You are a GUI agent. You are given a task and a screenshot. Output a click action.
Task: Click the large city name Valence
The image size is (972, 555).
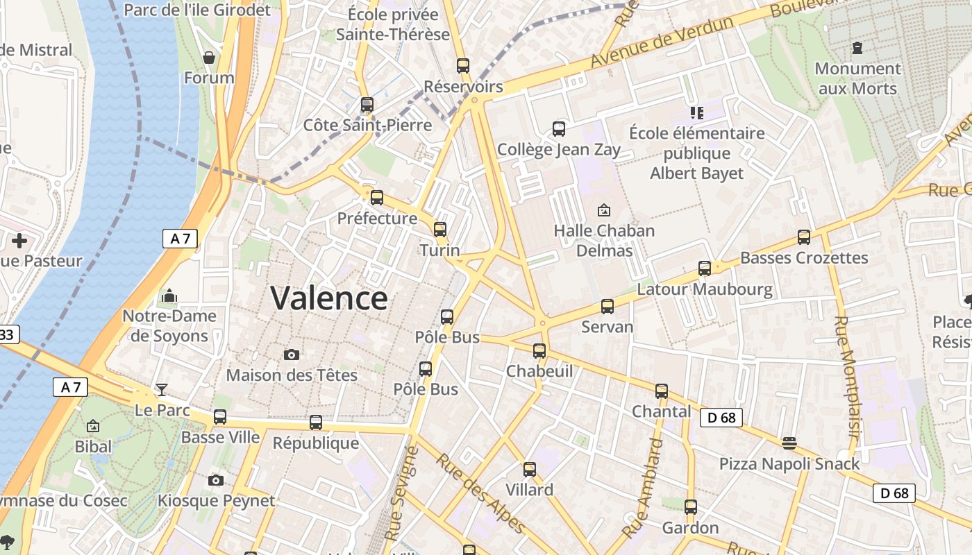(x=328, y=298)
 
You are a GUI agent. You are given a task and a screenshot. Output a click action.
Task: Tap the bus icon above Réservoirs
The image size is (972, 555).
(x=463, y=66)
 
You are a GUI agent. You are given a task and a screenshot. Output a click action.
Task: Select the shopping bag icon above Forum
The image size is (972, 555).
(x=208, y=57)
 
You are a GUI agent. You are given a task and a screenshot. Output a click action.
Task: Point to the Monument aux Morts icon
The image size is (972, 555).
(x=857, y=48)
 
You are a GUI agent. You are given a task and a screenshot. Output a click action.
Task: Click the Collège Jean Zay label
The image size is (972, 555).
(x=559, y=150)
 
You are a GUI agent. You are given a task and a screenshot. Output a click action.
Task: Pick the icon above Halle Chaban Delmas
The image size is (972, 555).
(x=604, y=210)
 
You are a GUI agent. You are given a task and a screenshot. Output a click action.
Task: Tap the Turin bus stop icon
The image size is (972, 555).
(x=440, y=229)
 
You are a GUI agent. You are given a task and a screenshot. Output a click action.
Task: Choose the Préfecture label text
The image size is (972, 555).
(x=377, y=219)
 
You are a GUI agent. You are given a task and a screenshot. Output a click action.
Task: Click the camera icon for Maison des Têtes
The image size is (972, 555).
(x=292, y=355)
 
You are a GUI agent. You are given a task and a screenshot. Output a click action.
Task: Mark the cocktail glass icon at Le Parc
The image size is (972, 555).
(x=162, y=389)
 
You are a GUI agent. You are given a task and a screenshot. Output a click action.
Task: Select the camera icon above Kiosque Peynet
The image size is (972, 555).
(x=216, y=480)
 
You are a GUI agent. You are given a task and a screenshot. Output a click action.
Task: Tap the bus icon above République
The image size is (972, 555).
(x=316, y=422)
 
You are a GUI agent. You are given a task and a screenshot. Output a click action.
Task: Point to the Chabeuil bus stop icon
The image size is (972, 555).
(x=539, y=350)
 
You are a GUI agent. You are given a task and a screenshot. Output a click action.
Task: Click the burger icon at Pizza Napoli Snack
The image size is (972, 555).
(x=789, y=443)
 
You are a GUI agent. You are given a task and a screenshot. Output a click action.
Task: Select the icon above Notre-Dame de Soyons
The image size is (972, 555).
(x=169, y=296)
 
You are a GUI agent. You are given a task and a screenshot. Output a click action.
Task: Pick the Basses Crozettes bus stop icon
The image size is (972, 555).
(x=804, y=237)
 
